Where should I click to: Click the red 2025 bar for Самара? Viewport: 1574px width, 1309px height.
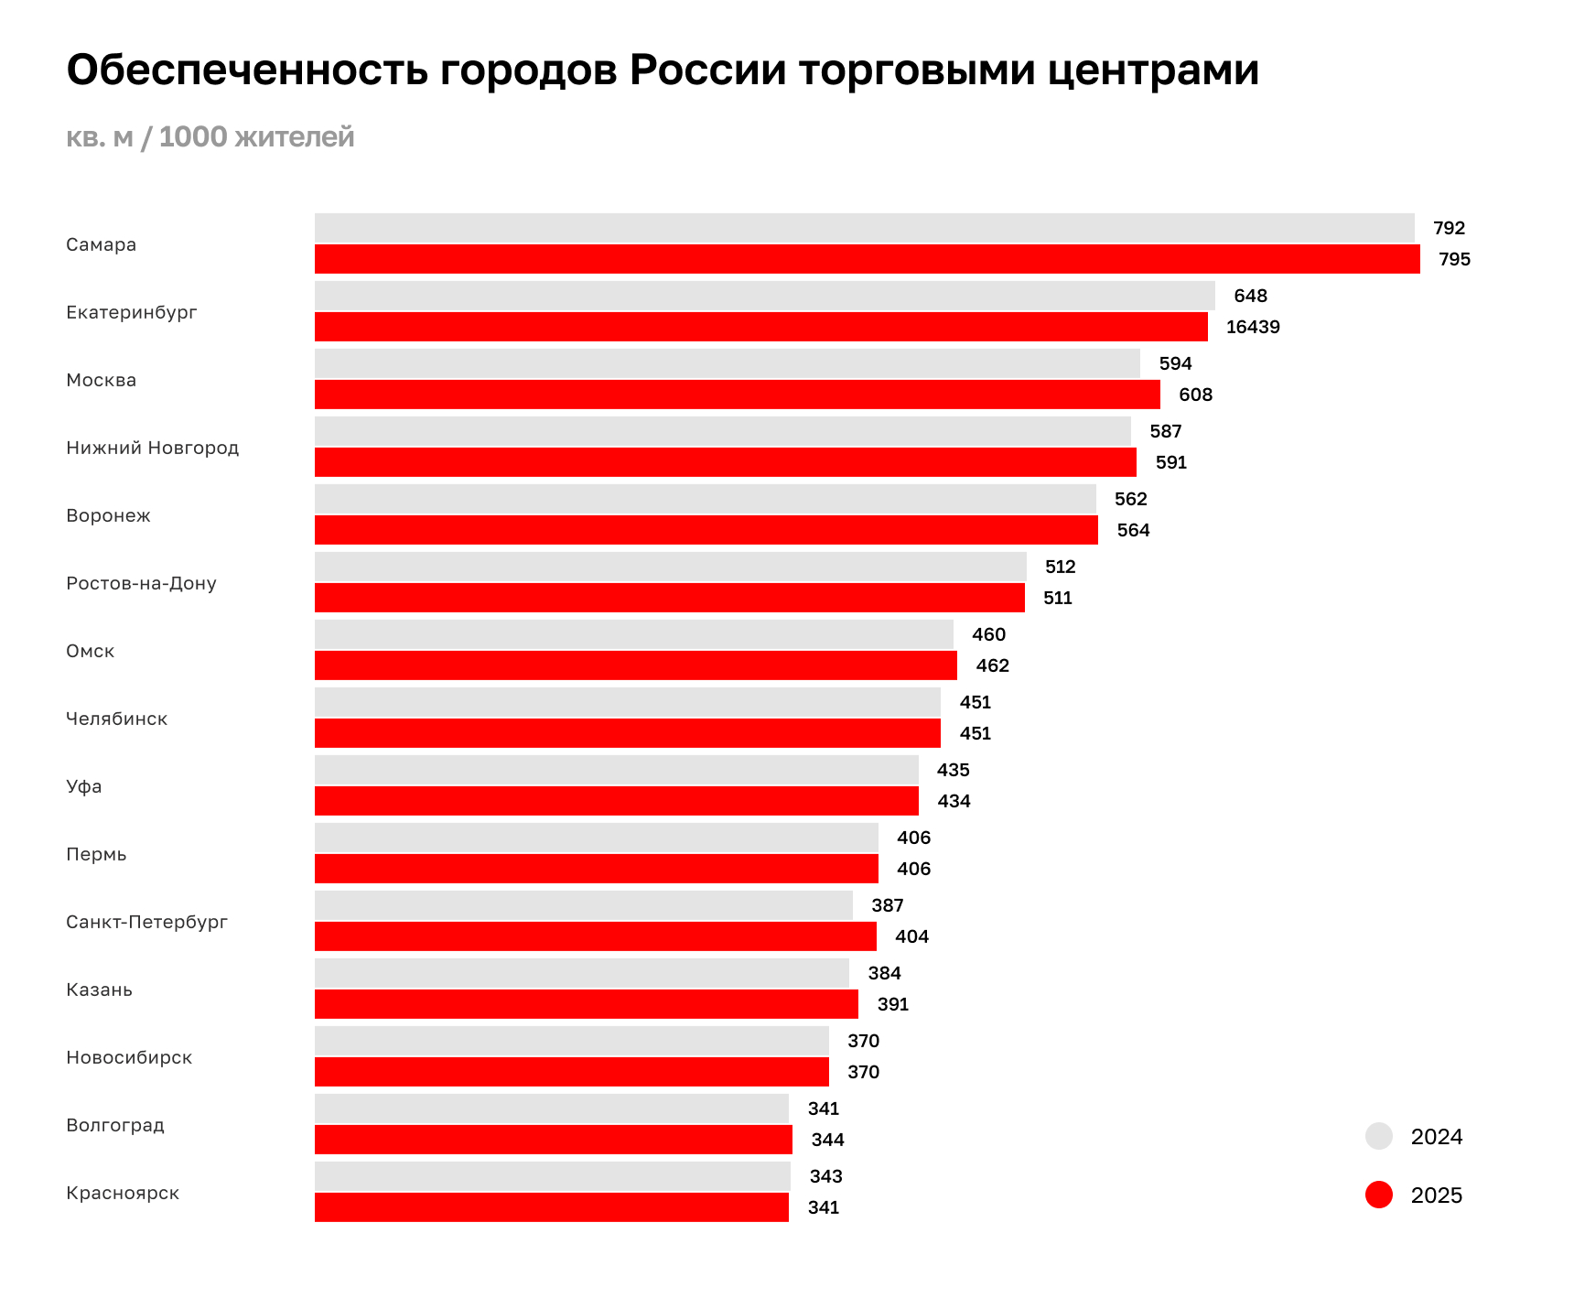867,259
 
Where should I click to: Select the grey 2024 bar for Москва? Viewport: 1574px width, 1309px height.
727,363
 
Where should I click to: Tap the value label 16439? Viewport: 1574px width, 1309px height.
1252,327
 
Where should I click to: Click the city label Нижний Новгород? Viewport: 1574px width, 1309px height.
152,448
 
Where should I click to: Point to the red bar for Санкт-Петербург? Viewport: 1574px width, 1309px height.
595,936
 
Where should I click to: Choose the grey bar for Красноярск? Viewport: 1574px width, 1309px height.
552,1176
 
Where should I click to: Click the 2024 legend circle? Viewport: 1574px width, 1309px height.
1378,1136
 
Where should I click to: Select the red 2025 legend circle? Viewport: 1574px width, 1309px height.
1378,1195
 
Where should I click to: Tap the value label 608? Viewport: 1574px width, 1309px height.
1195,395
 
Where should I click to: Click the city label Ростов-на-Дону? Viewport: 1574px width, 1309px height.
141,583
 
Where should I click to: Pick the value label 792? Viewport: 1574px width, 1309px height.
1449,228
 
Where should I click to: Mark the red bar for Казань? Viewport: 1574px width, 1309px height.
586,1004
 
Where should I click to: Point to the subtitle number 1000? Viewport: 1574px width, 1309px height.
193,136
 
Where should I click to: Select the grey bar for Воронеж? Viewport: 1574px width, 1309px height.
705,499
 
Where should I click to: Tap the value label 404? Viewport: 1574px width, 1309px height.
911,936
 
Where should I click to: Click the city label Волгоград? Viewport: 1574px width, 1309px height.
115,1125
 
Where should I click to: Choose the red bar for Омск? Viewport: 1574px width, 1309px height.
635,665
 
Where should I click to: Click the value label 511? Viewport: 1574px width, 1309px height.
1057,598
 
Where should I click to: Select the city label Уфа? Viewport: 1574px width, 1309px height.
84,786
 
